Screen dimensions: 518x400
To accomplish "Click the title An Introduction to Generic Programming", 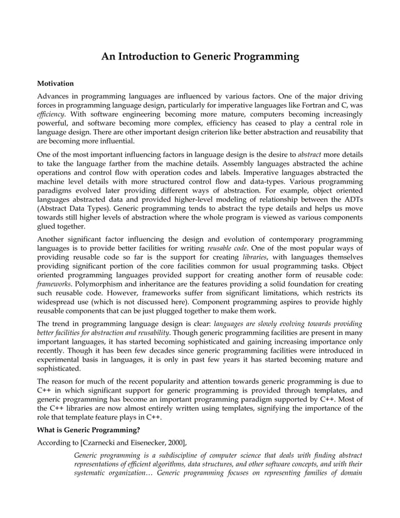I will pos(200,58).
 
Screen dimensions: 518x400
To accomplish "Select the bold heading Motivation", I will pos(56,83).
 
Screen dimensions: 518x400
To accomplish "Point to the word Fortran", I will pos(320,106).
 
